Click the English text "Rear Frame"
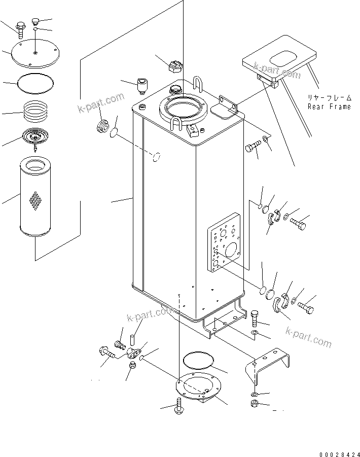(329, 107)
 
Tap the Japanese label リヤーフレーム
(329, 97)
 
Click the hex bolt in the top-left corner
(20, 28)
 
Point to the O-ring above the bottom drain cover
(198, 361)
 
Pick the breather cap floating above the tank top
(173, 66)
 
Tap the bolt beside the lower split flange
(305, 307)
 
